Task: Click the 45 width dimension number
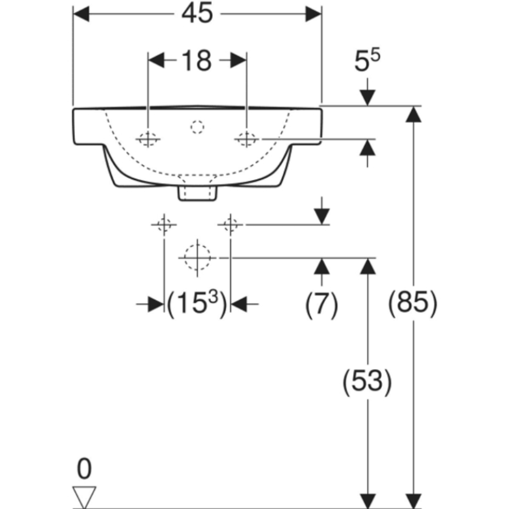click(197, 14)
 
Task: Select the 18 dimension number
click(196, 61)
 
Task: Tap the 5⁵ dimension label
click(367, 60)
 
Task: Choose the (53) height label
click(367, 381)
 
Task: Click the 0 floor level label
click(84, 469)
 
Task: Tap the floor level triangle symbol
click(84, 496)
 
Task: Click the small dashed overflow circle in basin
click(197, 127)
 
